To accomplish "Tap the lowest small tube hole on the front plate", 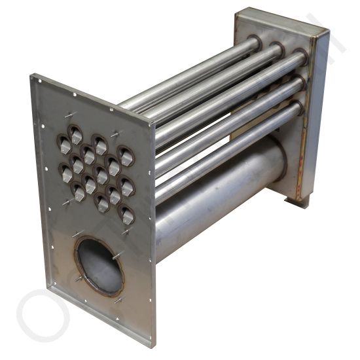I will coord(128,215).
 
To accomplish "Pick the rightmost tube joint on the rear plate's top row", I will coord(300,56).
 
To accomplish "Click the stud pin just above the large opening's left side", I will coord(77,234).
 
